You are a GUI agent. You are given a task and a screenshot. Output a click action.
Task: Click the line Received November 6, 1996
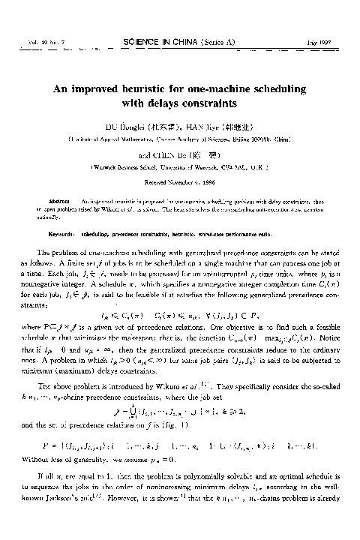[179, 182]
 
